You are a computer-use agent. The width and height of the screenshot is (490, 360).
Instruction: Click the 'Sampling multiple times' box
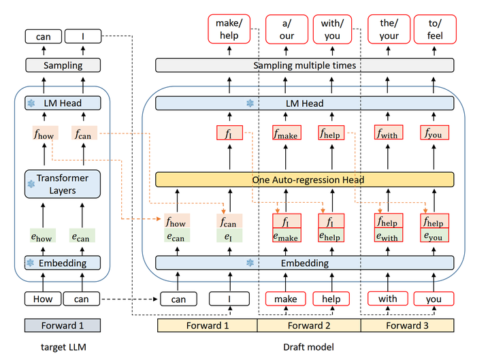305,65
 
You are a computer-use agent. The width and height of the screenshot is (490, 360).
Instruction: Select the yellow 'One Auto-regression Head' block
305,180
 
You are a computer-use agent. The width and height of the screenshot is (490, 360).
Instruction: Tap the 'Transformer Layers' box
62,184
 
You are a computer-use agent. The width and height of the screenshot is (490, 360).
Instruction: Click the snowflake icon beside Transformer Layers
31,184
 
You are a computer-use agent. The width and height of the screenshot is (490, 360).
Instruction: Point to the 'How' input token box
43,298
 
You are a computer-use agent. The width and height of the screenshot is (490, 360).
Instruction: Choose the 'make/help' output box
229,29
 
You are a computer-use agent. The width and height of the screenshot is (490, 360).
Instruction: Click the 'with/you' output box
331,29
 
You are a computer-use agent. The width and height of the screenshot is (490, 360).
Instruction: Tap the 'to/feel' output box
434,29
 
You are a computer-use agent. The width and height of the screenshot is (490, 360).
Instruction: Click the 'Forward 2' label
308,325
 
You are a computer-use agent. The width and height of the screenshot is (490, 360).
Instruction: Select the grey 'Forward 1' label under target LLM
62,325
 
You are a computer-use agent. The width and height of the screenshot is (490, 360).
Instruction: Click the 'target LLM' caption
62,347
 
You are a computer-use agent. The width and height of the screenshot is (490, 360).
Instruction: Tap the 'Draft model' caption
308,347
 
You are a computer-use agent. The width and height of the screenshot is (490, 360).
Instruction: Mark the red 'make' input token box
286,298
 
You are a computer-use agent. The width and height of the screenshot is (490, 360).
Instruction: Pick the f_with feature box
389,133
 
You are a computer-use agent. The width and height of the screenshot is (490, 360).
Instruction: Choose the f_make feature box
287,133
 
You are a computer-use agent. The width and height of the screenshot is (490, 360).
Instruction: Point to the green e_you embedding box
434,236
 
